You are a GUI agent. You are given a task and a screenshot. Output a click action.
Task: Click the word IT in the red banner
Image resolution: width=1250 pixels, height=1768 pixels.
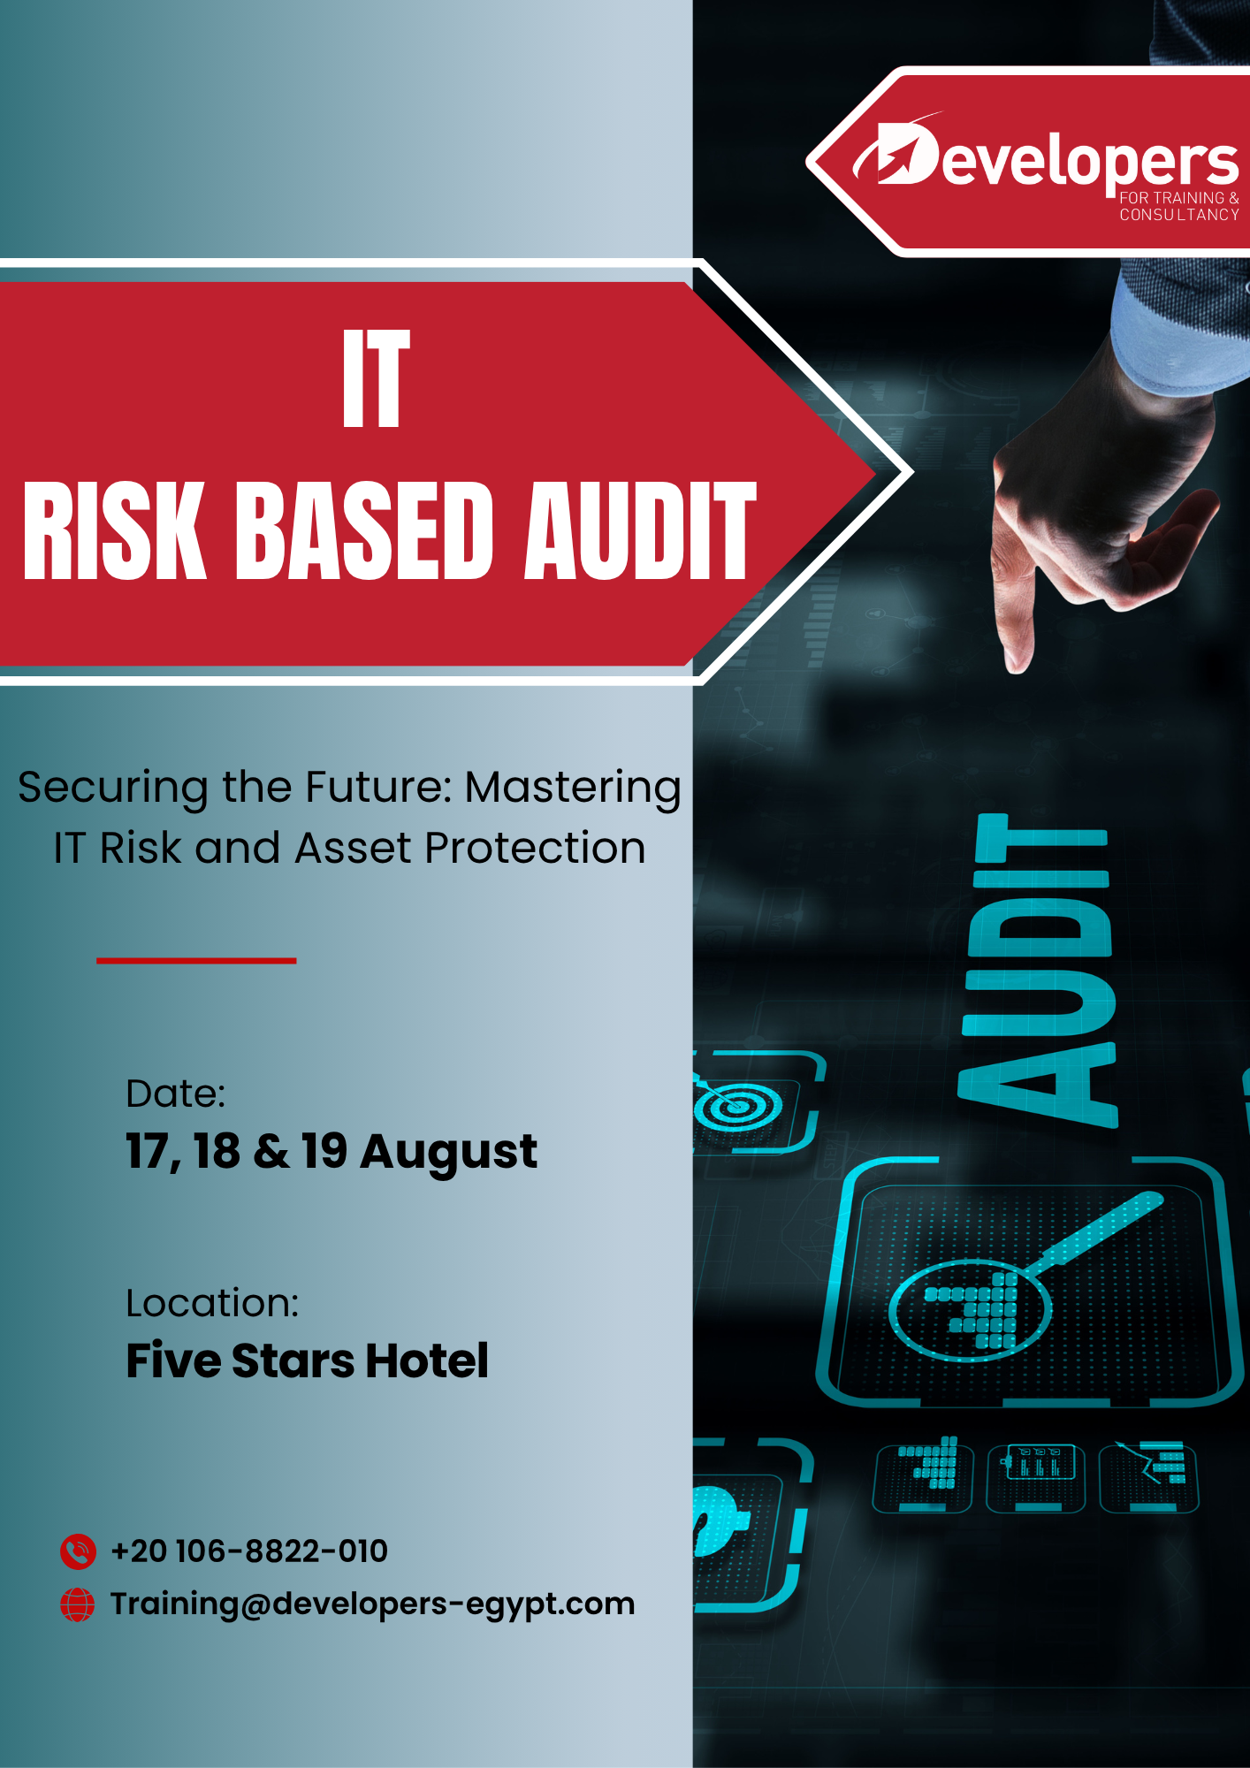coord(377,378)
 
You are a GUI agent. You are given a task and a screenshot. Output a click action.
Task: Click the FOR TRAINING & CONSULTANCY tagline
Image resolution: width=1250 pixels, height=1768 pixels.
coord(1179,206)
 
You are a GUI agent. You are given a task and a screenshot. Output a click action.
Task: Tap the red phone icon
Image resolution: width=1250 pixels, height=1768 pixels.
coord(78,1551)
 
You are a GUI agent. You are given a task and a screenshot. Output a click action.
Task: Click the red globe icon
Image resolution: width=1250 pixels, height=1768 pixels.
coord(78,1604)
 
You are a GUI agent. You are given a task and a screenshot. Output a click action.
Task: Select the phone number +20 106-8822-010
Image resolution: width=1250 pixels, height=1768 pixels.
coord(249,1551)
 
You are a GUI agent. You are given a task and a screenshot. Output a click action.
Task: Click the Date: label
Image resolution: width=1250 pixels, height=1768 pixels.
coord(176,1094)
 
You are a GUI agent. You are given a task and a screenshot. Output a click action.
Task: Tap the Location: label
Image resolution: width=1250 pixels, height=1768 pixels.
coord(213,1303)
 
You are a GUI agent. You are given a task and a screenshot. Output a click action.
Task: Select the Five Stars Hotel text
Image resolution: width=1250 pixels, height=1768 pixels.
coord(307,1360)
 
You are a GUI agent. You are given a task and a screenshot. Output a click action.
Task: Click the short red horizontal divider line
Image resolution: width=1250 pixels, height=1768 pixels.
coord(196,960)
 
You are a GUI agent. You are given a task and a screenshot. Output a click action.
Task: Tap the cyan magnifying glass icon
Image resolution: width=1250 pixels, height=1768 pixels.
coord(1025,1272)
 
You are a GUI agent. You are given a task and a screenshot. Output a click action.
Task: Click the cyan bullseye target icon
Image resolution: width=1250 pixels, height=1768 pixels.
coord(737,1105)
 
